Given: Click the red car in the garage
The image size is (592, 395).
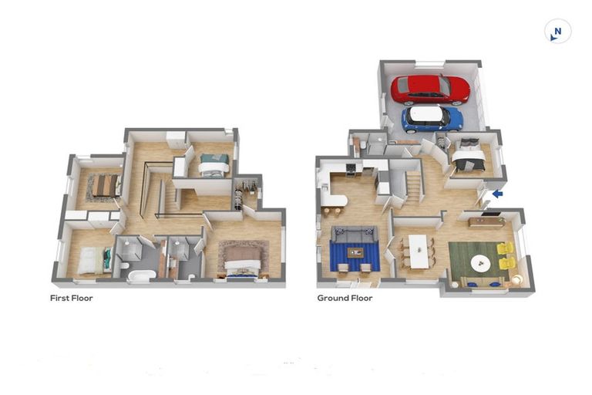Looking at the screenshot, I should coord(429,89).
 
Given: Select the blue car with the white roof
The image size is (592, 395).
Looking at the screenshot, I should coord(432,118).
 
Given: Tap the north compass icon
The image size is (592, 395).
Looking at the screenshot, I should coord(557,32).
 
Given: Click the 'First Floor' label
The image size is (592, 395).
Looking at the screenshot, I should coord(71,298).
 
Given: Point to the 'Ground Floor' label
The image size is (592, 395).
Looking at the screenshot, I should coord(345,298).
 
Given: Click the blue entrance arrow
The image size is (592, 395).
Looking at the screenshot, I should coord(497,194).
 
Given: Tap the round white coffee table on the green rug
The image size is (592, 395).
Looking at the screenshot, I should coord(481,263).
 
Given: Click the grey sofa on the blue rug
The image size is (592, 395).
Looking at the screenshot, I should coord(355,235).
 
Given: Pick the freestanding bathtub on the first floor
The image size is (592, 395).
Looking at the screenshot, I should coord(141,275).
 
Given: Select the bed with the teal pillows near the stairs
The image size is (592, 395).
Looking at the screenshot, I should coord(214,164).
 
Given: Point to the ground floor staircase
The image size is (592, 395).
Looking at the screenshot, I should coord(413,187).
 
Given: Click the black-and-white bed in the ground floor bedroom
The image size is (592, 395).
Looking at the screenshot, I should coord(469,158).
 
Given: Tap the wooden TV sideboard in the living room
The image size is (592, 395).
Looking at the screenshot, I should coord(486,222).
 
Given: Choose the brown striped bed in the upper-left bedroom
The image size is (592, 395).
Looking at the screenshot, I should coord(103,185).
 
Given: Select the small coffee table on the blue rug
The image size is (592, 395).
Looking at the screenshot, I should coord(355,252).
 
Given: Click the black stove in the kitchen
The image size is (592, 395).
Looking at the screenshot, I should coord(350,169).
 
